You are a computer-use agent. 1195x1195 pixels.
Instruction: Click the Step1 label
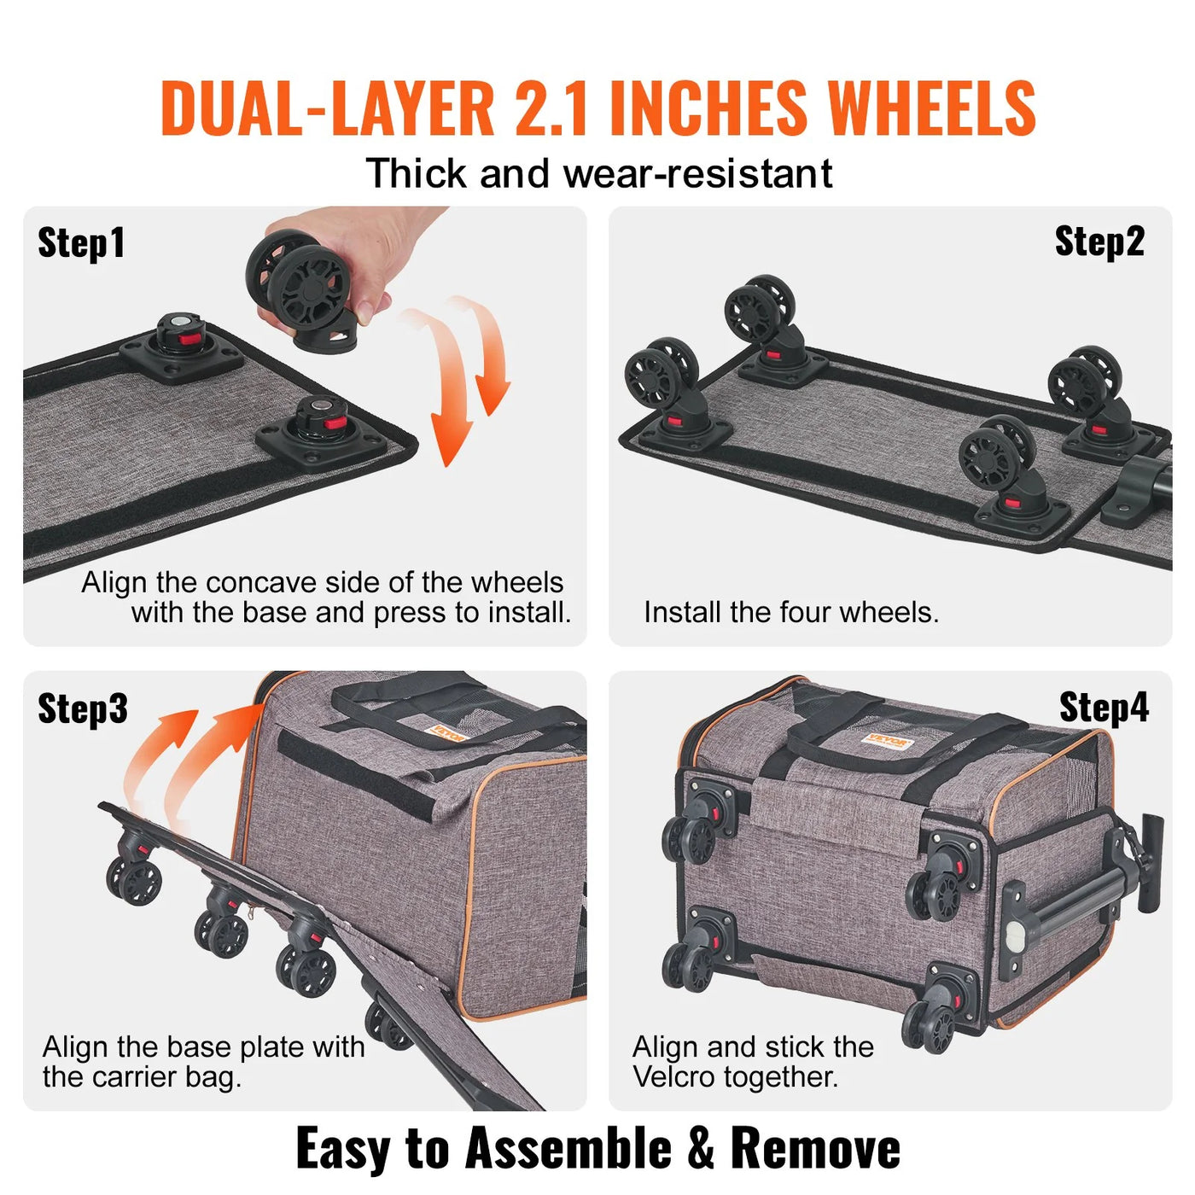(x=81, y=243)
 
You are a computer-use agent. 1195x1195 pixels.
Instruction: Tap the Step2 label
(x=1099, y=242)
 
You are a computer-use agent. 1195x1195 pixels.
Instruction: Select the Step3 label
(x=82, y=708)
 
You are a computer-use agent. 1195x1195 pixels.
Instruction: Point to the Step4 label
(x=1103, y=708)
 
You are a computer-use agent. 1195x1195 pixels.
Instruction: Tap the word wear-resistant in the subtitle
(x=697, y=174)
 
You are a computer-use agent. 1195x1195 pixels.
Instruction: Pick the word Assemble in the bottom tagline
(x=568, y=1148)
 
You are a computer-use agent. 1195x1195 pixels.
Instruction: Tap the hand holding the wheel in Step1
(x=358, y=248)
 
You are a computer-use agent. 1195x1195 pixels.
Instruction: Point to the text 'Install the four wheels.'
(x=790, y=612)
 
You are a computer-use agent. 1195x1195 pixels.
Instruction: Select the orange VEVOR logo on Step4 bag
(x=888, y=741)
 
